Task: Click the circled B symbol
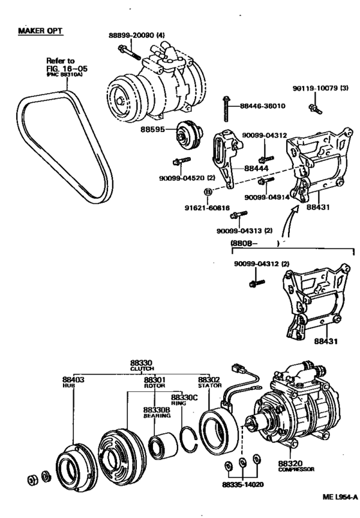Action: pos(208,192)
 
